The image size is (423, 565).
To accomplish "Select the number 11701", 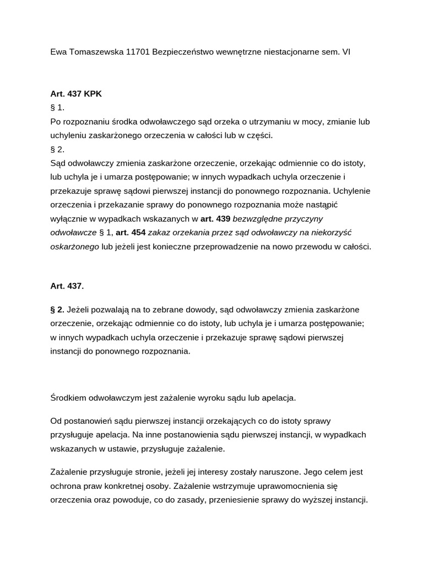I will point(137,52).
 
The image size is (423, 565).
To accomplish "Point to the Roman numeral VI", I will point(346,52).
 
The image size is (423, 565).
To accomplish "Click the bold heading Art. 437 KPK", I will point(76,94).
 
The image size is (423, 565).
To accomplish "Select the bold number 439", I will point(223,218).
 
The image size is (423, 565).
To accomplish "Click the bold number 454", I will point(138,232).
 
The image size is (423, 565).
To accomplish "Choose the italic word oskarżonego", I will point(75,246).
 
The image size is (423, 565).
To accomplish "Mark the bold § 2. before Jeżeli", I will point(57,309).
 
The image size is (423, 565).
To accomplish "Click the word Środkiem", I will point(68,397).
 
